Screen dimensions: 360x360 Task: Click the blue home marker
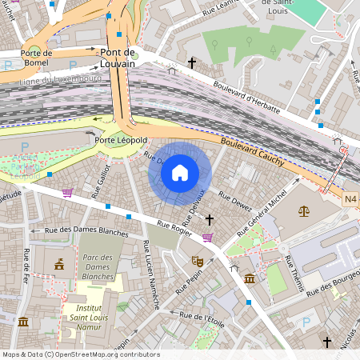pyautogui.click(x=180, y=172)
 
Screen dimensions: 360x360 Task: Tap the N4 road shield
pyautogui.click(x=350, y=198)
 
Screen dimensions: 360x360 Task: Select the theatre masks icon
pyautogui.click(x=196, y=261)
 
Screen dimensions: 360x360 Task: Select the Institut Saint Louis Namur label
pyautogui.click(x=93, y=314)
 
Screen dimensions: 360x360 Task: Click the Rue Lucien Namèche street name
pyautogui.click(x=150, y=274)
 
